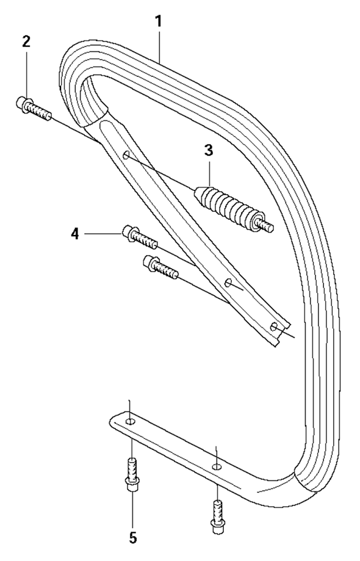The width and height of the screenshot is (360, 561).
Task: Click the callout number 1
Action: click(157, 21)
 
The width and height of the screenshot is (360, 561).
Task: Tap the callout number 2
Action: click(26, 42)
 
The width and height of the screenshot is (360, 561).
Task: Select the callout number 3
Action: click(209, 151)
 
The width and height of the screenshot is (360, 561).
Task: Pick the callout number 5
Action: click(133, 537)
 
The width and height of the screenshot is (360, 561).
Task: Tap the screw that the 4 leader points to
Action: click(140, 236)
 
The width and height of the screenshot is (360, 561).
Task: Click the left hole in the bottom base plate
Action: click(131, 421)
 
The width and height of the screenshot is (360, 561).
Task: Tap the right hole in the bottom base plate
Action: click(216, 466)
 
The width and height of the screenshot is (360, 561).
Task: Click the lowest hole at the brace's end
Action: click(274, 327)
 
